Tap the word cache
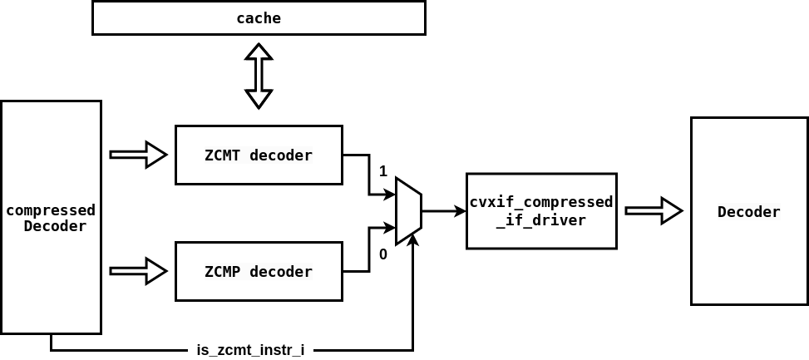click(259, 18)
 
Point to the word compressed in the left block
click(51, 210)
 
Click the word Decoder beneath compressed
click(55, 226)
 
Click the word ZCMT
click(223, 155)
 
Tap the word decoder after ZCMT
click(281, 155)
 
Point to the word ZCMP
click(223, 272)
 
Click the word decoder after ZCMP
click(281, 272)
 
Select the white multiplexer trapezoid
click(408, 211)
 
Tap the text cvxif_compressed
click(541, 203)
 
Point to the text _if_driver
click(541, 220)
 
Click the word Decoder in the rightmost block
click(749, 212)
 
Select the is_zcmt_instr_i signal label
click(250, 350)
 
